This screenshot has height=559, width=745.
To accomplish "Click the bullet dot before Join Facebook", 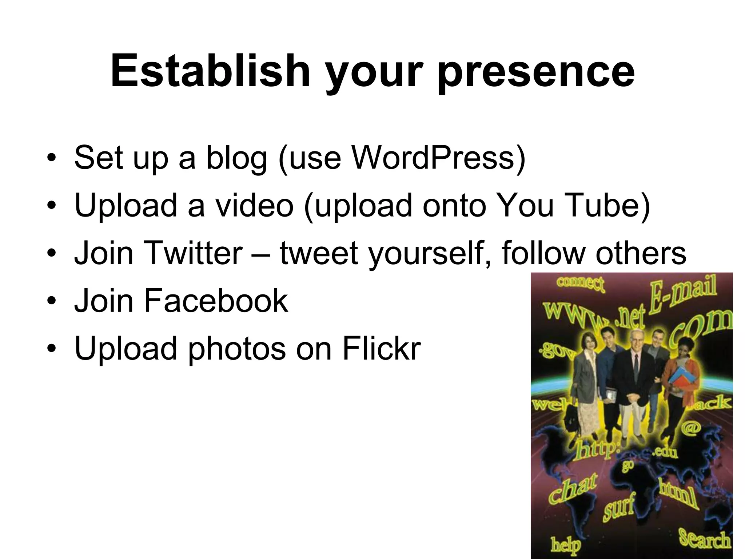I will point(52,301).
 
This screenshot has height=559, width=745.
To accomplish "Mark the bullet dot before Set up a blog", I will point(52,158).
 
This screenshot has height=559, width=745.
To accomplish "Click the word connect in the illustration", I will point(580,284).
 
